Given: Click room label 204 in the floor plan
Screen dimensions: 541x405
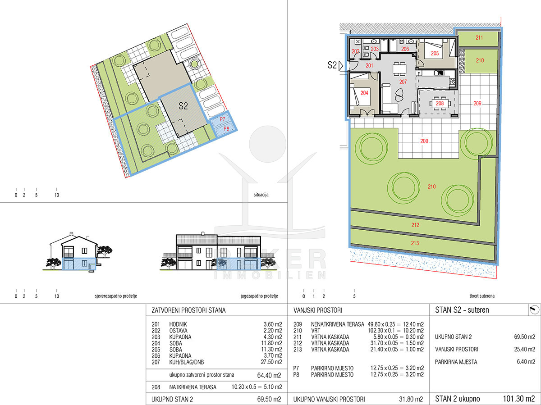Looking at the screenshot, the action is [x=364, y=93].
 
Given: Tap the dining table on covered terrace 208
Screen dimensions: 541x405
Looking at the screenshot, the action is [x=440, y=103].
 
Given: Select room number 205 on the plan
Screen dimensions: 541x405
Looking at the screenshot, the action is [x=435, y=53].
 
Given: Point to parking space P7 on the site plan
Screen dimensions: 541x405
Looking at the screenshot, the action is [x=222, y=119].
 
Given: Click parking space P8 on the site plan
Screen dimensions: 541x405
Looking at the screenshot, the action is [x=226, y=129].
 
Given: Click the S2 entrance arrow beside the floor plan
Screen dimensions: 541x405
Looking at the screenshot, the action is [x=341, y=66].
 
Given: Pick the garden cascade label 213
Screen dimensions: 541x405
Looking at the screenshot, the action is [x=415, y=243].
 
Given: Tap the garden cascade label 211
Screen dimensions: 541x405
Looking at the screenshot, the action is [x=479, y=38].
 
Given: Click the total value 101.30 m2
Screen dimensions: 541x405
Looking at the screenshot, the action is [x=519, y=399].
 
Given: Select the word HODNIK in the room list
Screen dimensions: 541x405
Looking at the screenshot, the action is [x=178, y=324].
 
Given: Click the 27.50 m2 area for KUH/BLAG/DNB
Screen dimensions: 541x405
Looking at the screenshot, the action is [x=271, y=362].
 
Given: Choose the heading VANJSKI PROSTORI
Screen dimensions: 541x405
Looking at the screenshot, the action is [x=318, y=310].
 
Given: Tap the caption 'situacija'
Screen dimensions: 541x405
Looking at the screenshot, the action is [x=261, y=195].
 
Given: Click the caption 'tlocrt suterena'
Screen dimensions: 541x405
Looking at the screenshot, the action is [x=482, y=296].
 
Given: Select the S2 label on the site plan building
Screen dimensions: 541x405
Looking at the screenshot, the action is [x=183, y=106].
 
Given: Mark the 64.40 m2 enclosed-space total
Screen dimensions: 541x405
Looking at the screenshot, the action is [x=269, y=375].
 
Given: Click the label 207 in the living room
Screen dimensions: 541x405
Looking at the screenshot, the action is [x=403, y=82].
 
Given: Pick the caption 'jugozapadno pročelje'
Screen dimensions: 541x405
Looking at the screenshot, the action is [x=259, y=296].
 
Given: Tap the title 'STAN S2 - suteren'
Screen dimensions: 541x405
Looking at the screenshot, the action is [x=462, y=310].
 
